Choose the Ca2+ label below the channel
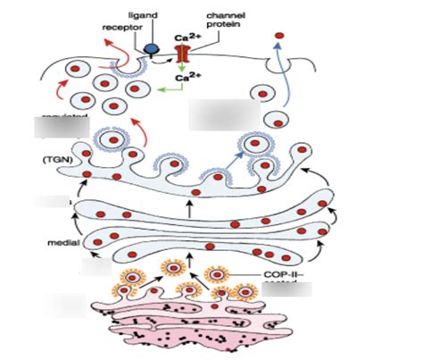[185, 79]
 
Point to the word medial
[62, 241]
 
